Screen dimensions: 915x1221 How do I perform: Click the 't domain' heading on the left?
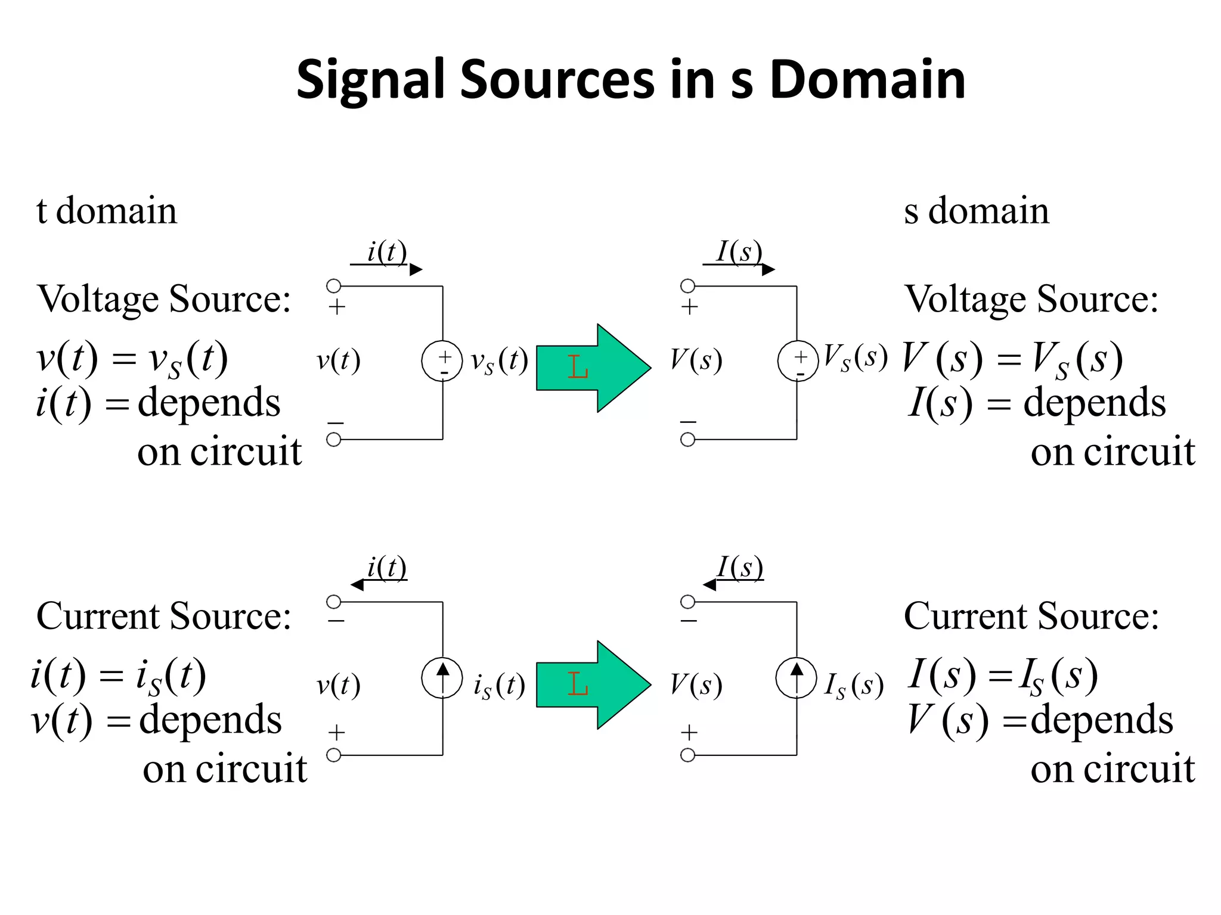point(107,211)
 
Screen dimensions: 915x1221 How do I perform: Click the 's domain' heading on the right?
point(976,211)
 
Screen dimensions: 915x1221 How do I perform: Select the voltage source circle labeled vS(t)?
point(442,361)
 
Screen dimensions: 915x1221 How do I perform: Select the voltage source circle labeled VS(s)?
point(797,361)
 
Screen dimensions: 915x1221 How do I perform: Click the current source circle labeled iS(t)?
point(442,677)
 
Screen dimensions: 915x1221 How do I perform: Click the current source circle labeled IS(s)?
point(796,677)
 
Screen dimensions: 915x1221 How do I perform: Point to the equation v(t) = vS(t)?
point(132,359)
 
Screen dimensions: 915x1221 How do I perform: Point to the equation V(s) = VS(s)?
point(1012,359)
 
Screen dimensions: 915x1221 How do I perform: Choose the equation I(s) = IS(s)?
point(1003,676)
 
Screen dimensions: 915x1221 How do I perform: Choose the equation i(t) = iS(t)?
point(119,676)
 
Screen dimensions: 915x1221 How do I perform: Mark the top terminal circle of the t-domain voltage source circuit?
point(334,286)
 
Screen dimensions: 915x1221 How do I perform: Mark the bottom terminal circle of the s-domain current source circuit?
point(687,755)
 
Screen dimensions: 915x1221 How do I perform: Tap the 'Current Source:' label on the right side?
point(1031,616)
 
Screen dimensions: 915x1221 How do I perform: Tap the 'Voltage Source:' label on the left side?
point(164,299)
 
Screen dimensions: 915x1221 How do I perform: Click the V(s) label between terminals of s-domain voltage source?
point(696,360)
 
